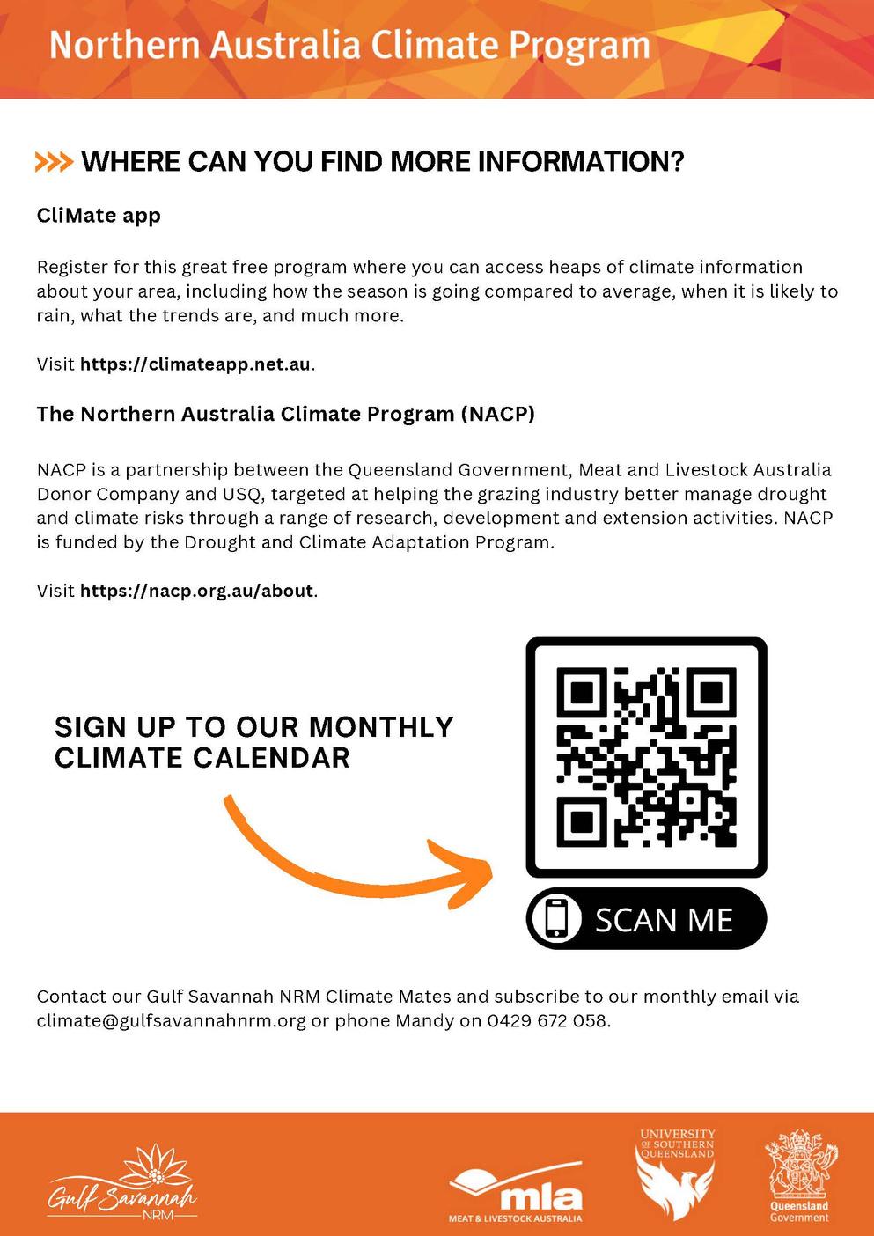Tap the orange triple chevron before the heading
pos(53,162)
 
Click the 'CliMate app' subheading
pos(99,216)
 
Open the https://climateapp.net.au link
pos(195,364)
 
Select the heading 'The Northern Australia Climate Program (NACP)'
pos(285,414)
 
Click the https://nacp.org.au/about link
pos(196,591)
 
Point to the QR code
pos(646,757)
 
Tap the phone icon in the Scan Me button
pos(557,918)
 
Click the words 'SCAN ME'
pos(664,920)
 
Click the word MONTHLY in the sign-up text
pos(381,727)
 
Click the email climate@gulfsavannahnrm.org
pos(171,1021)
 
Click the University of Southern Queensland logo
pos(676,1173)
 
